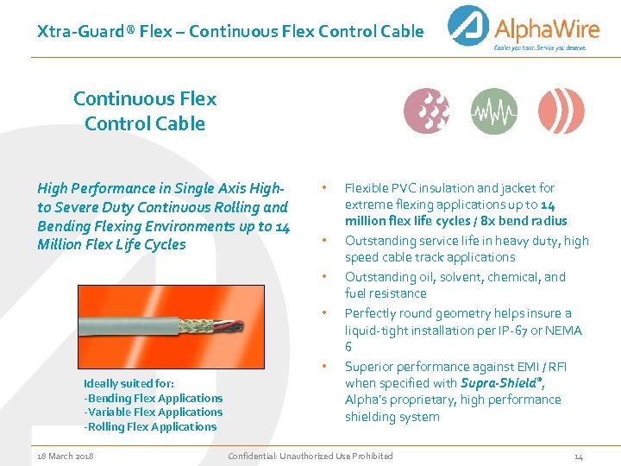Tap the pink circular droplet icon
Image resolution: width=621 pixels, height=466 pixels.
coord(427,111)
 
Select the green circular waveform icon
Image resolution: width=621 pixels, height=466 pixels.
coord(494,111)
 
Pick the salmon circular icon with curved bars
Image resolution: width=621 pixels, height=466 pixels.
coord(561,111)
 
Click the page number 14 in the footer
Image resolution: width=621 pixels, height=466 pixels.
coord(579,456)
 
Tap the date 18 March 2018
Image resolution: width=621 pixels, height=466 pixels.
coord(66,456)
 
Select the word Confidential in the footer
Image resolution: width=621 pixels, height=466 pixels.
coord(254,456)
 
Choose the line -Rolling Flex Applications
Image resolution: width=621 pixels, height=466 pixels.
coord(150,426)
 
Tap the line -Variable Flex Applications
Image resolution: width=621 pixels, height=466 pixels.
coord(153,412)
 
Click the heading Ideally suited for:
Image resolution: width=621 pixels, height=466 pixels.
coord(129,384)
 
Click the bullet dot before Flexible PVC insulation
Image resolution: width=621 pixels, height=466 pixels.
coord(323,186)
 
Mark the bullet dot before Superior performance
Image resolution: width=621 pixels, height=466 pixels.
coord(323,365)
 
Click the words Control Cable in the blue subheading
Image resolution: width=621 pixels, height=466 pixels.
coord(145,123)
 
